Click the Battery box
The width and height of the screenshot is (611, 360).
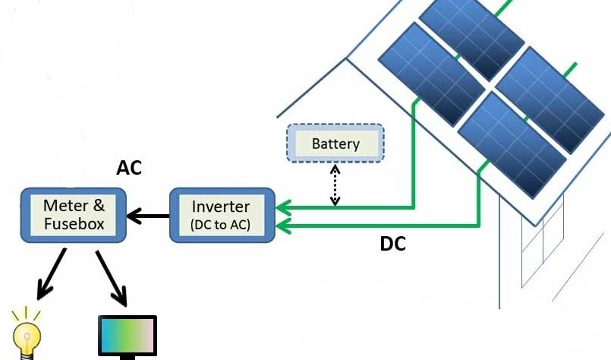335,144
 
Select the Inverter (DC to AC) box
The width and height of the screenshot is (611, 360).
221,215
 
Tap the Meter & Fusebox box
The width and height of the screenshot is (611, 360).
74,215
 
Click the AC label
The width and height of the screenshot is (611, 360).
130,168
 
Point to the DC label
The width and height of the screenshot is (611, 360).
392,245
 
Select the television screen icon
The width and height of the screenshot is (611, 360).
128,336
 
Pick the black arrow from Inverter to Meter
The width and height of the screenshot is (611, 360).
149,217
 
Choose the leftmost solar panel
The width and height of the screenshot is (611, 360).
431,73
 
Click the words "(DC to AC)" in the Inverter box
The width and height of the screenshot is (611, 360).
221,225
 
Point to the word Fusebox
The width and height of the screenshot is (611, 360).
74,224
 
